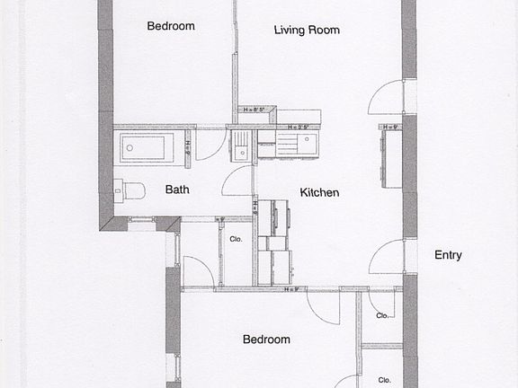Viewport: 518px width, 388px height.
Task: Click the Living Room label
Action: pyautogui.click(x=307, y=30)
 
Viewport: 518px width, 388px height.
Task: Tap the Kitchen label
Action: pyautogui.click(x=319, y=192)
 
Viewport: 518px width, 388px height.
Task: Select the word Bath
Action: pyautogui.click(x=176, y=190)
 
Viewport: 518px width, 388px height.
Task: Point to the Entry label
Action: pyautogui.click(x=448, y=255)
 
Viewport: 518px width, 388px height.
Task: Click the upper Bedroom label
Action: pyautogui.click(x=171, y=26)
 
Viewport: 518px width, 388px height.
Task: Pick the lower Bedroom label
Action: pyautogui.click(x=266, y=339)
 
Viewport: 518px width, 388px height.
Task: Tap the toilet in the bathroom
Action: pyautogui.click(x=131, y=190)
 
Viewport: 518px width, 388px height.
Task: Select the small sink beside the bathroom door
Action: pyautogui.click(x=241, y=146)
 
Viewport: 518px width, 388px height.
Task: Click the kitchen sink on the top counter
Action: pyautogui.click(x=297, y=145)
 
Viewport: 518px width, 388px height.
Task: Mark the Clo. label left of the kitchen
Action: pyautogui.click(x=237, y=241)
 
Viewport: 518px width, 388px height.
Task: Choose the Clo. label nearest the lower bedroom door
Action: pyautogui.click(x=382, y=315)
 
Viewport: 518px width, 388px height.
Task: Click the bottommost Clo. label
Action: pyautogui.click(x=384, y=379)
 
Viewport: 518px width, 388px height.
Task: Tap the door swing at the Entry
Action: pyautogui.click(x=386, y=258)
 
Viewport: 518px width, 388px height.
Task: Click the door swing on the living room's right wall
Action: pyautogui.click(x=387, y=97)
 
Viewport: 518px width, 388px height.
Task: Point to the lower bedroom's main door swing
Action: pyautogui.click(x=323, y=307)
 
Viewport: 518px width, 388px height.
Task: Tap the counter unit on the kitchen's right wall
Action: pyautogui.click(x=390, y=157)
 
